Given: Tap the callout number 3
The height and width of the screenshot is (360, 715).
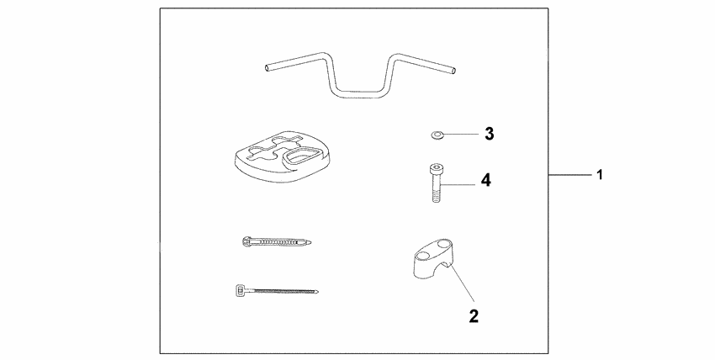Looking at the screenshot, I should coord(488,133).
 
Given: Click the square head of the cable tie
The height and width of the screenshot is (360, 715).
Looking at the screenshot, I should coord(239,290).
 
